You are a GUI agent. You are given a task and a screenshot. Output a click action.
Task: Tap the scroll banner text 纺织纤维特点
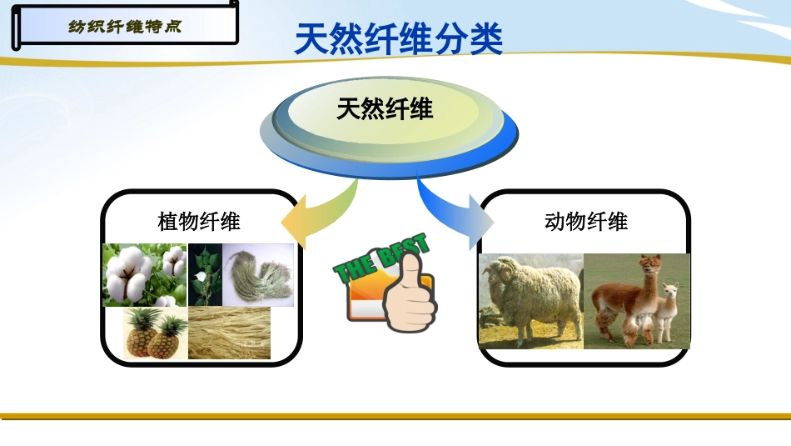coord(124,26)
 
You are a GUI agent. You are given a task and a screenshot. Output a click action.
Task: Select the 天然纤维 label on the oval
coord(385,109)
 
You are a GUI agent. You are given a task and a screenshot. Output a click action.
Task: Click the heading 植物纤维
coord(199,222)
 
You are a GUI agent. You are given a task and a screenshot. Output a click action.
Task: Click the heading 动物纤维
coord(586,222)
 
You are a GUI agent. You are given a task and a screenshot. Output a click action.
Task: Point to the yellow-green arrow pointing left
coord(321,216)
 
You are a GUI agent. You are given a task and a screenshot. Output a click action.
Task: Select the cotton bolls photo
coord(144,275)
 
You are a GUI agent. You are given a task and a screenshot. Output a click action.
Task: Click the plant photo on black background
coord(204,275)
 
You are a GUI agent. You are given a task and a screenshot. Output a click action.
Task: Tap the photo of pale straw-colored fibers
coord(229,333)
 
